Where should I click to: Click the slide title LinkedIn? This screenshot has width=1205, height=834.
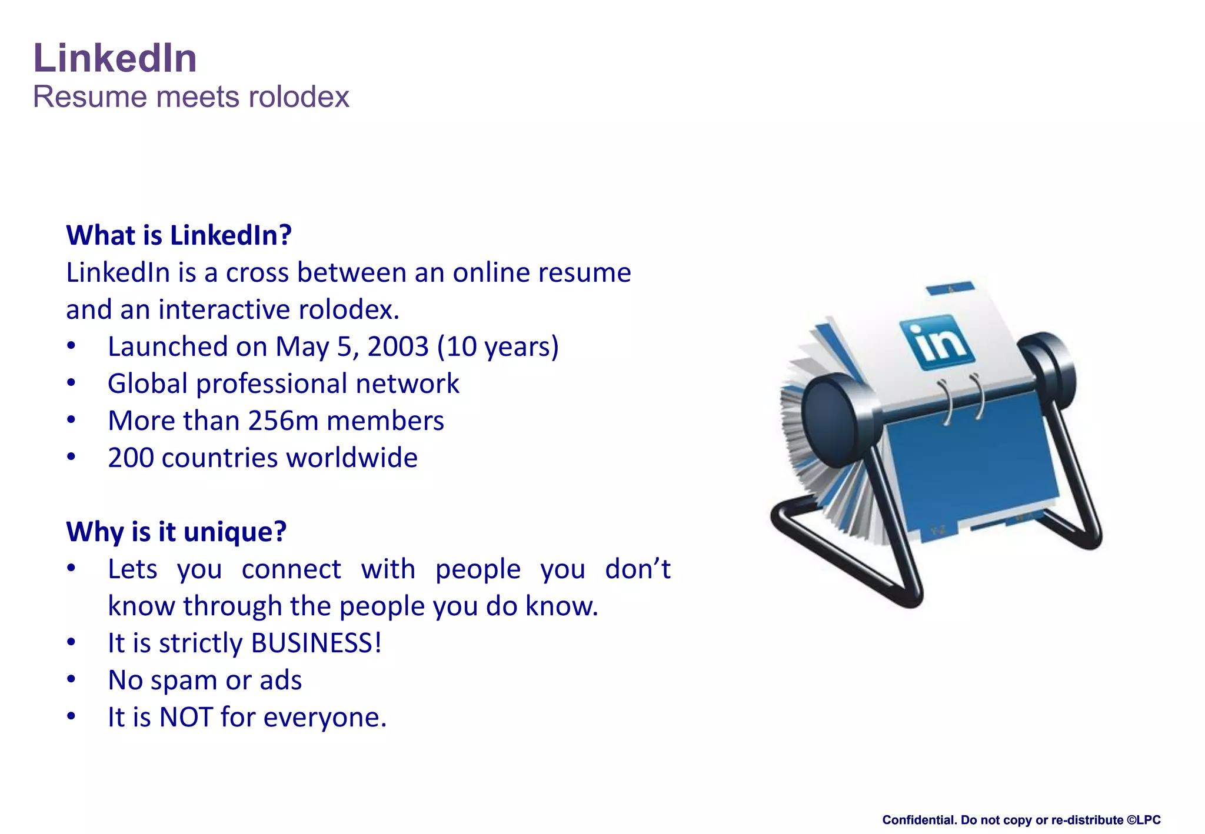[x=115, y=58]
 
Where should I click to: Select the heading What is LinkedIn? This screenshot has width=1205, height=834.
[x=179, y=235]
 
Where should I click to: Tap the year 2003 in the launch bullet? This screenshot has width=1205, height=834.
[x=398, y=346]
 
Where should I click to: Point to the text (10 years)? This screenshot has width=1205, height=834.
[x=498, y=346]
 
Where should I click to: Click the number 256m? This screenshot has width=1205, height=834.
[x=284, y=421]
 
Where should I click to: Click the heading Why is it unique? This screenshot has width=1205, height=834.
[x=176, y=532]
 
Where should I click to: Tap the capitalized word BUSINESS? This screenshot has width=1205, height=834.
[x=317, y=643]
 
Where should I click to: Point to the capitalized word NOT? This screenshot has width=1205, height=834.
[x=186, y=718]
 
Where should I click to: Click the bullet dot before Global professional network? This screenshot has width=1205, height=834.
[x=71, y=383]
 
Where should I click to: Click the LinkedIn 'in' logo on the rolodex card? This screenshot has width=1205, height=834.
[x=936, y=342]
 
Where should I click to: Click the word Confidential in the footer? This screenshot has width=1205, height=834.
[x=920, y=820]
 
